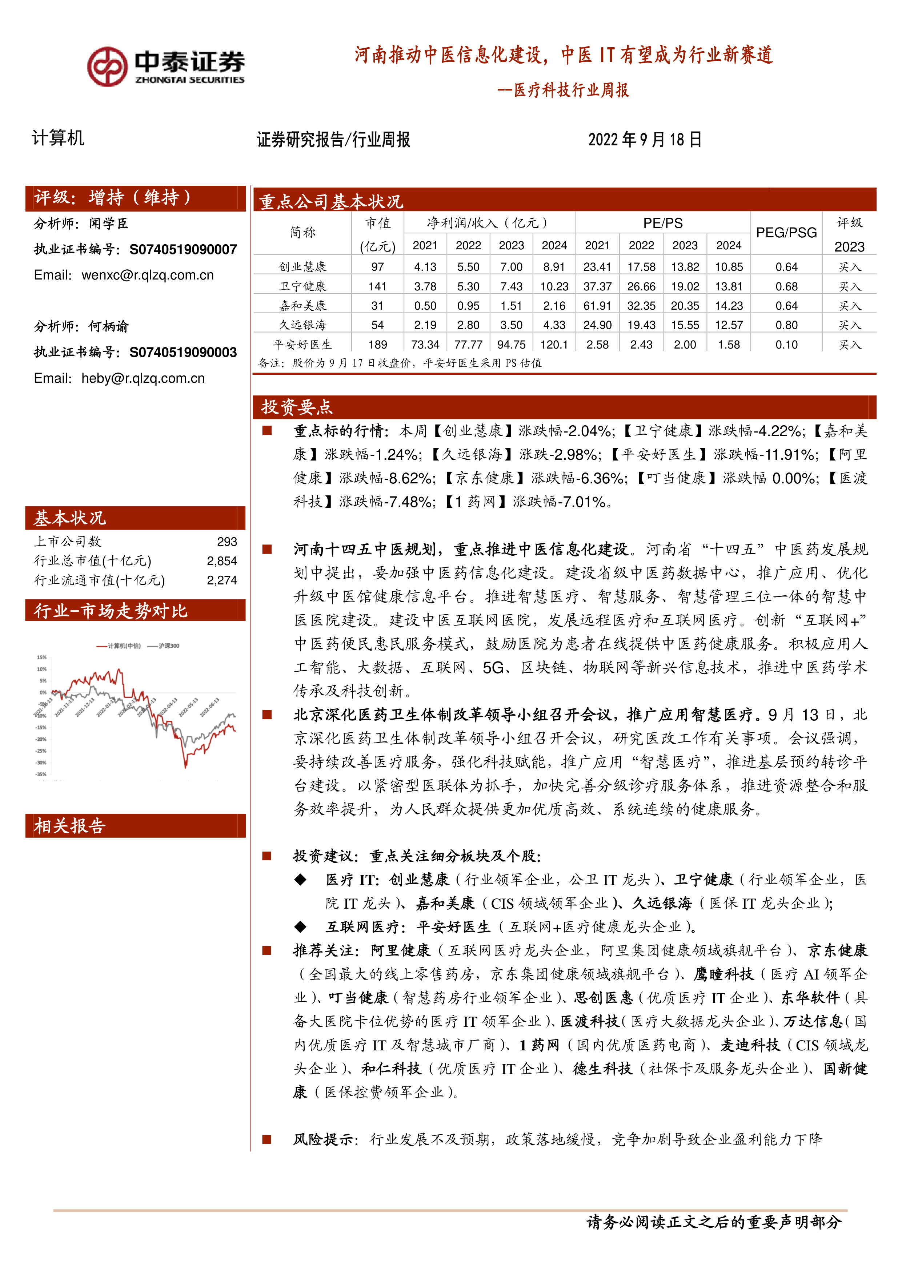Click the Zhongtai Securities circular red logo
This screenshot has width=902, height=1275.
tap(107, 67)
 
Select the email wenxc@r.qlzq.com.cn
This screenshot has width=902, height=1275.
tap(147, 275)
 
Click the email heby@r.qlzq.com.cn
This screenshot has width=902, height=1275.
tap(143, 378)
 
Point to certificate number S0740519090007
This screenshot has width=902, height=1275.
tap(183, 249)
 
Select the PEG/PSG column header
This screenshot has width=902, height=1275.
tap(786, 233)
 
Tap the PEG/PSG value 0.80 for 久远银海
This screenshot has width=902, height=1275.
tap(786, 325)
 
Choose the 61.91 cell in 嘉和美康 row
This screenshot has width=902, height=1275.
tap(597, 306)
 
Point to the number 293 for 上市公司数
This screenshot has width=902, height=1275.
tap(226, 542)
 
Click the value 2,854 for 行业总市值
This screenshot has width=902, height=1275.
tap(222, 561)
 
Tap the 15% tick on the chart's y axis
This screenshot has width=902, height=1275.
tap(42, 657)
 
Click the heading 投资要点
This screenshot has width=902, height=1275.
tap(297, 407)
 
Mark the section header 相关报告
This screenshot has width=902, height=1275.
tap(69, 826)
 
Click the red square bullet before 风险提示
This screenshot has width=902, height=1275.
tap(267, 1139)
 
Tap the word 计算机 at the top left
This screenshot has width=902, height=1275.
tap(58, 138)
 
